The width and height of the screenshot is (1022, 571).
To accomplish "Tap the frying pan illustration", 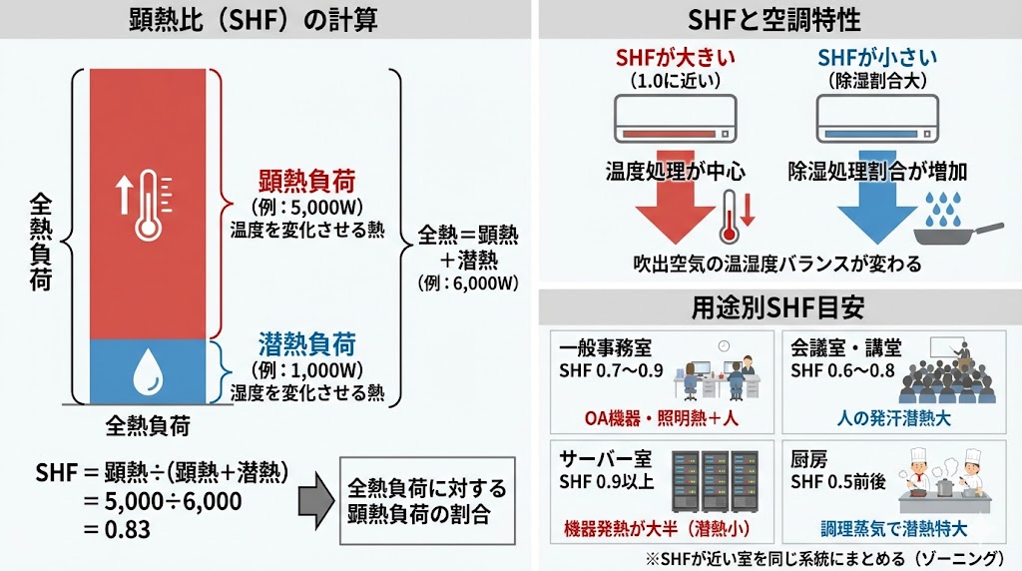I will click(963, 236).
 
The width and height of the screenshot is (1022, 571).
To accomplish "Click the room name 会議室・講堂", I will click(845, 348).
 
